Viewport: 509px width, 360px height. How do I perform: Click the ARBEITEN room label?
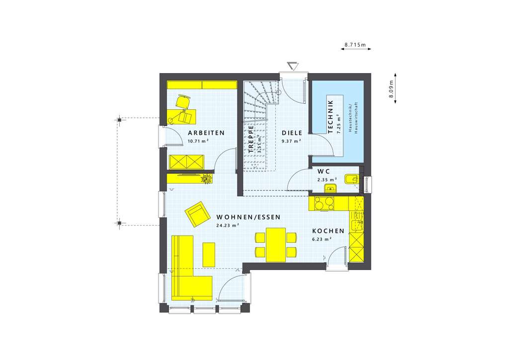(x=206, y=133)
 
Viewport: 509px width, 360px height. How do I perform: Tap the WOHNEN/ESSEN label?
(x=249, y=217)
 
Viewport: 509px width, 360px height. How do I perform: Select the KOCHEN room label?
(x=328, y=231)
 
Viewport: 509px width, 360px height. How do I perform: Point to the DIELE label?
(x=292, y=133)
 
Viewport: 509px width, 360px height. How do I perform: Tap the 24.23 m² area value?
(x=228, y=225)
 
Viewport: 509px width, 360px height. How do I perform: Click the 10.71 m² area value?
(x=198, y=141)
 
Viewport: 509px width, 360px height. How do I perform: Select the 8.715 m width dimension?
(x=355, y=45)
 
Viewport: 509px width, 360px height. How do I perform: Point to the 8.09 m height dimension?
(x=391, y=90)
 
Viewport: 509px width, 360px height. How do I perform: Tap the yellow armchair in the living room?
(x=197, y=214)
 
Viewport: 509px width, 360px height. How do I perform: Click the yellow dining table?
(x=276, y=244)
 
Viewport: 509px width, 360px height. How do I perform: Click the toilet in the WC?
(x=352, y=178)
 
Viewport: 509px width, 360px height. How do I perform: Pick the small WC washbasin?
(x=330, y=187)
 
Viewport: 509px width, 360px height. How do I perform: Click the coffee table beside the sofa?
(x=209, y=254)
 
